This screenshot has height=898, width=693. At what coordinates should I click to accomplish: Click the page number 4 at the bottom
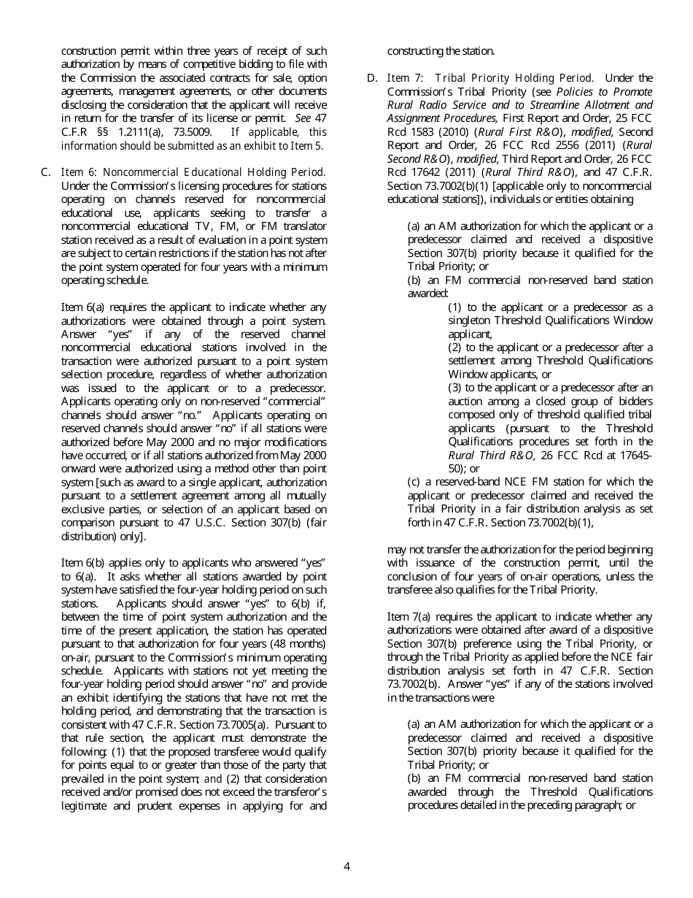tap(346, 867)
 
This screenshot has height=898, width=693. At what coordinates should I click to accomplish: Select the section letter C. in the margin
tap(45, 172)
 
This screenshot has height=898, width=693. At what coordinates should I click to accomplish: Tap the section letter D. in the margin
tap(372, 78)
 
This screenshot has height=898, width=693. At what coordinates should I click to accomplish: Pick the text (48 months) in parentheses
tap(301, 643)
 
